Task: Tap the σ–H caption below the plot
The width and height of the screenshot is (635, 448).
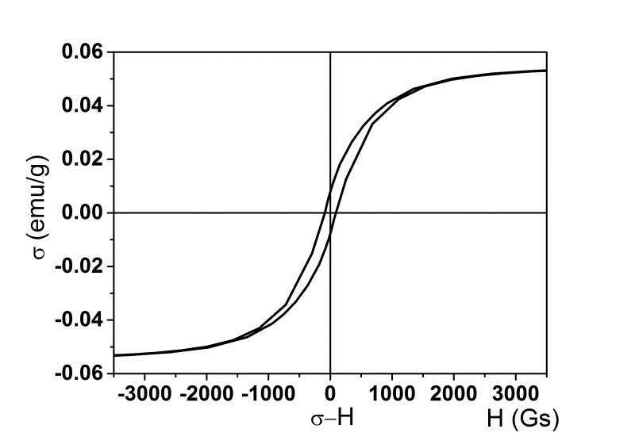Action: point(332,418)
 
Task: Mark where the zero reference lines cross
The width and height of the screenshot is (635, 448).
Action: point(330,213)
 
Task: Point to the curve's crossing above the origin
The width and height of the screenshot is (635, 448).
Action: point(330,190)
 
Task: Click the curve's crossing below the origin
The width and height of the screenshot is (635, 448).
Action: point(330,234)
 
